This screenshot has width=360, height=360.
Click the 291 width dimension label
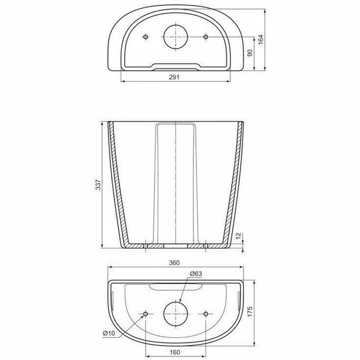[x=176, y=77]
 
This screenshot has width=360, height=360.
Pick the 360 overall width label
[x=176, y=262]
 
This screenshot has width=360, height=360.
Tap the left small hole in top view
[x=146, y=37]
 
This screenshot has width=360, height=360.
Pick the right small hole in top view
[x=206, y=37]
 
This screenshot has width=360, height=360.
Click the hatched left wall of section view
[x=115, y=185]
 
